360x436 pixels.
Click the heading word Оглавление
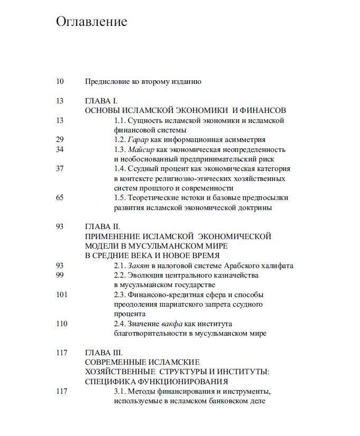click(91, 22)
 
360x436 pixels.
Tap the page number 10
click(60, 81)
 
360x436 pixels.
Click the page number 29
click(60, 139)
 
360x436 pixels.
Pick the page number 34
click(60, 149)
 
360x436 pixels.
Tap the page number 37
click(60, 169)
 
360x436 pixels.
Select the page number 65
click(60, 198)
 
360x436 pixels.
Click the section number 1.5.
click(120, 198)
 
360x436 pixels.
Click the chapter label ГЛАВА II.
click(103, 226)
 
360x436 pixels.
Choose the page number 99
click(60, 276)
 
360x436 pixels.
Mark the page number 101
click(61, 295)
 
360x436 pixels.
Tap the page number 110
click(61, 324)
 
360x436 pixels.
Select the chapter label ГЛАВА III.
click(104, 353)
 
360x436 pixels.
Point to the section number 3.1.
click(120, 391)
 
